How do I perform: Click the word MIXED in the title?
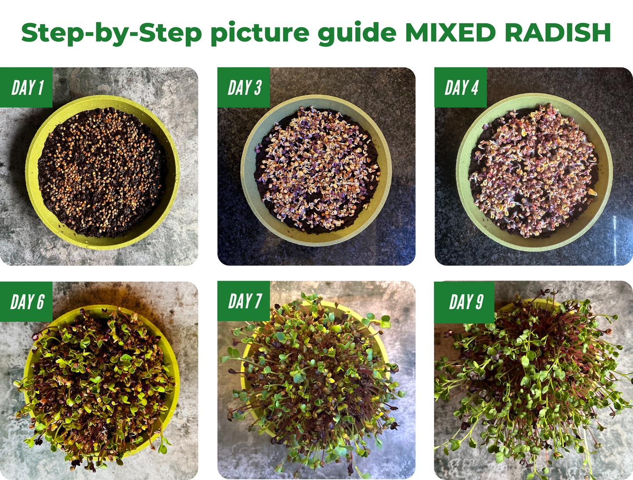[x=451, y=33]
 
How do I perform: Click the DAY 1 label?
[x=27, y=88]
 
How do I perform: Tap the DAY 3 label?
[x=244, y=88]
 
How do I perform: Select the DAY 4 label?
[x=461, y=88]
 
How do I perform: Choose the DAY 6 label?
[x=27, y=302]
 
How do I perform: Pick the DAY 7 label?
[x=244, y=301]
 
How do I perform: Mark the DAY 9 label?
[x=466, y=302]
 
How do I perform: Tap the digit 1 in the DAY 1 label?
[x=40, y=88]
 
